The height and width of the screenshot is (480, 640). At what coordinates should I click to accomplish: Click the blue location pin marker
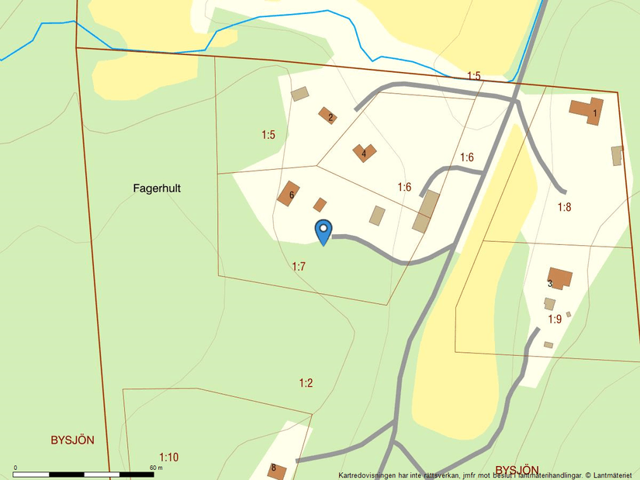tap(323, 230)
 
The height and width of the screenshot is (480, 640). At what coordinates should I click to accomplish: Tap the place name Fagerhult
tap(157, 188)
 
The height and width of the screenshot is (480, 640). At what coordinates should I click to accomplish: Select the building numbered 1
tap(587, 109)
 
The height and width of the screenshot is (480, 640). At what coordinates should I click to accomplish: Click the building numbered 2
tap(327, 115)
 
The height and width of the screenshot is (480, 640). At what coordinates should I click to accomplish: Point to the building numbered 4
tap(364, 152)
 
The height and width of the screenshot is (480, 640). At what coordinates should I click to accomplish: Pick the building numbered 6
tap(289, 193)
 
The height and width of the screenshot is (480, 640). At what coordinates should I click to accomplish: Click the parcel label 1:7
tap(299, 267)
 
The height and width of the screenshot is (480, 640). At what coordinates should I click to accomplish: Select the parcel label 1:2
tap(306, 383)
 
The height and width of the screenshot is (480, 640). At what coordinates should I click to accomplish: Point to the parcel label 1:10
tap(168, 458)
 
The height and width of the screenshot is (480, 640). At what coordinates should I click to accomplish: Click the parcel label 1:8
tap(564, 207)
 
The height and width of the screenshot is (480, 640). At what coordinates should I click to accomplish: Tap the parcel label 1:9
tap(555, 319)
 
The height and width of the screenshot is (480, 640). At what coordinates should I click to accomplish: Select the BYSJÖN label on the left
tap(72, 440)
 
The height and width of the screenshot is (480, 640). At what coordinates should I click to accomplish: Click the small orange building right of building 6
tap(320, 205)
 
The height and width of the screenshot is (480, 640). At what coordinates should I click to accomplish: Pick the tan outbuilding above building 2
tap(299, 94)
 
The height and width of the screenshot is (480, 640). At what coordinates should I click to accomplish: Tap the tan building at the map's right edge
tap(617, 155)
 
